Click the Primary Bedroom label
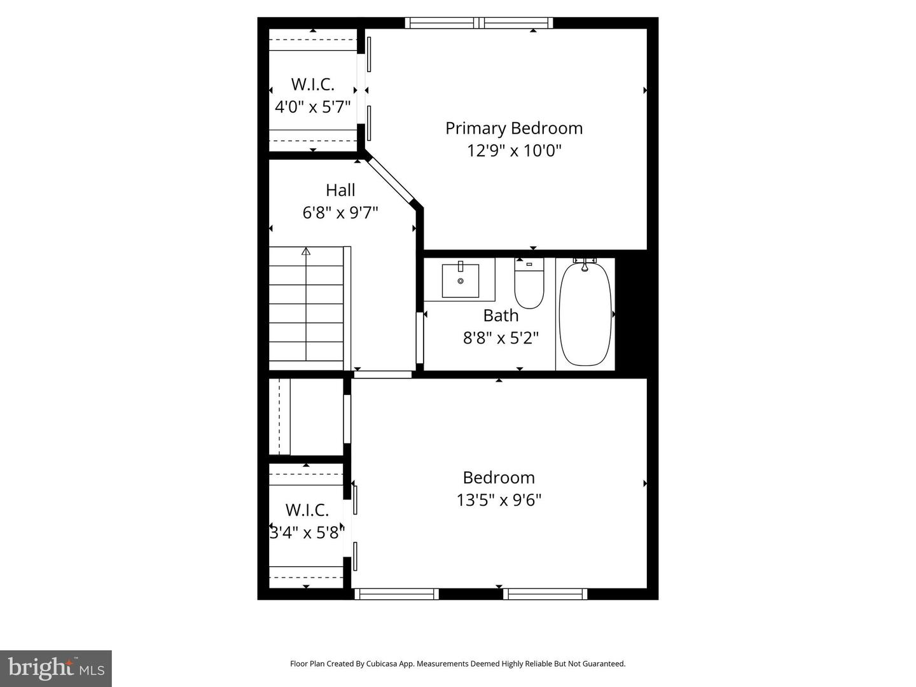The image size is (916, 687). (x=513, y=128)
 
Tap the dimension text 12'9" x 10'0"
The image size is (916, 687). (x=513, y=151)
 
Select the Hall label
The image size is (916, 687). (x=340, y=190)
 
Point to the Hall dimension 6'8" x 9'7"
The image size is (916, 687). (x=340, y=212)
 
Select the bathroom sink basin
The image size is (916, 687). (x=461, y=279)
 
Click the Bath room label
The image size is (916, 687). (x=501, y=316)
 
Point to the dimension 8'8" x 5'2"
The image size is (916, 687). (x=501, y=338)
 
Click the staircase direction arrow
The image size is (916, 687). (x=306, y=251)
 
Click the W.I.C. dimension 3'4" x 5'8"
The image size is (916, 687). (x=307, y=532)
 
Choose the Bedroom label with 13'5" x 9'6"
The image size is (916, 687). (x=499, y=478)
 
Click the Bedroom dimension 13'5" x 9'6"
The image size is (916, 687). (x=499, y=501)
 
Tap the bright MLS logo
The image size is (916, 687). (x=56, y=668)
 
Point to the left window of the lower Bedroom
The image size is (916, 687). (x=396, y=594)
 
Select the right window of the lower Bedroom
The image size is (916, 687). (x=545, y=594)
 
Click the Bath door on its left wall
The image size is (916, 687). (x=420, y=338)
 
